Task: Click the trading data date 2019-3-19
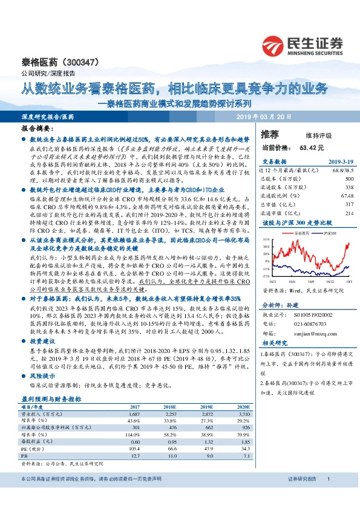341,161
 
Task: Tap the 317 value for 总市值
349,204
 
